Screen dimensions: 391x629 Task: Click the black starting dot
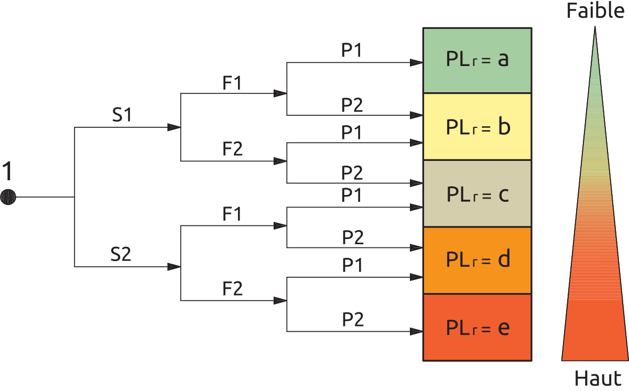pyautogui.click(x=8, y=198)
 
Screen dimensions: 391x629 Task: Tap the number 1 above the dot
pyautogui.click(x=7, y=172)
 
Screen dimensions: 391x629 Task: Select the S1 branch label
pyautogui.click(x=122, y=116)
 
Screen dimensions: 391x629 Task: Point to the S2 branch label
pyautogui.click(x=121, y=255)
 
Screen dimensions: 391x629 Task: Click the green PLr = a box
pyautogui.click(x=477, y=60)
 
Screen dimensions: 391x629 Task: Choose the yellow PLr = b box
pyautogui.click(x=477, y=127)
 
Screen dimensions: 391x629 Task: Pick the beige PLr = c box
pyautogui.click(x=477, y=194)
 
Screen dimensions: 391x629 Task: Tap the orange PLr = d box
pyautogui.click(x=477, y=260)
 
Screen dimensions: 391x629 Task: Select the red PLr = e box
pyautogui.click(x=477, y=328)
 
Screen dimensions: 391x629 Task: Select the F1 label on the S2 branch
pyautogui.click(x=232, y=214)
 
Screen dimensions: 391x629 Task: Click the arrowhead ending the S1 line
pyautogui.click(x=174, y=127)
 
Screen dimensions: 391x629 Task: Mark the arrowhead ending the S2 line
pyautogui.click(x=174, y=267)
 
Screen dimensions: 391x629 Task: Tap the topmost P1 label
pyautogui.click(x=352, y=50)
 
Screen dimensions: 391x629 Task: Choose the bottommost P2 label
pyautogui.click(x=353, y=319)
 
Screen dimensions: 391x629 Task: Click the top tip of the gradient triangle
pyautogui.click(x=595, y=29)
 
